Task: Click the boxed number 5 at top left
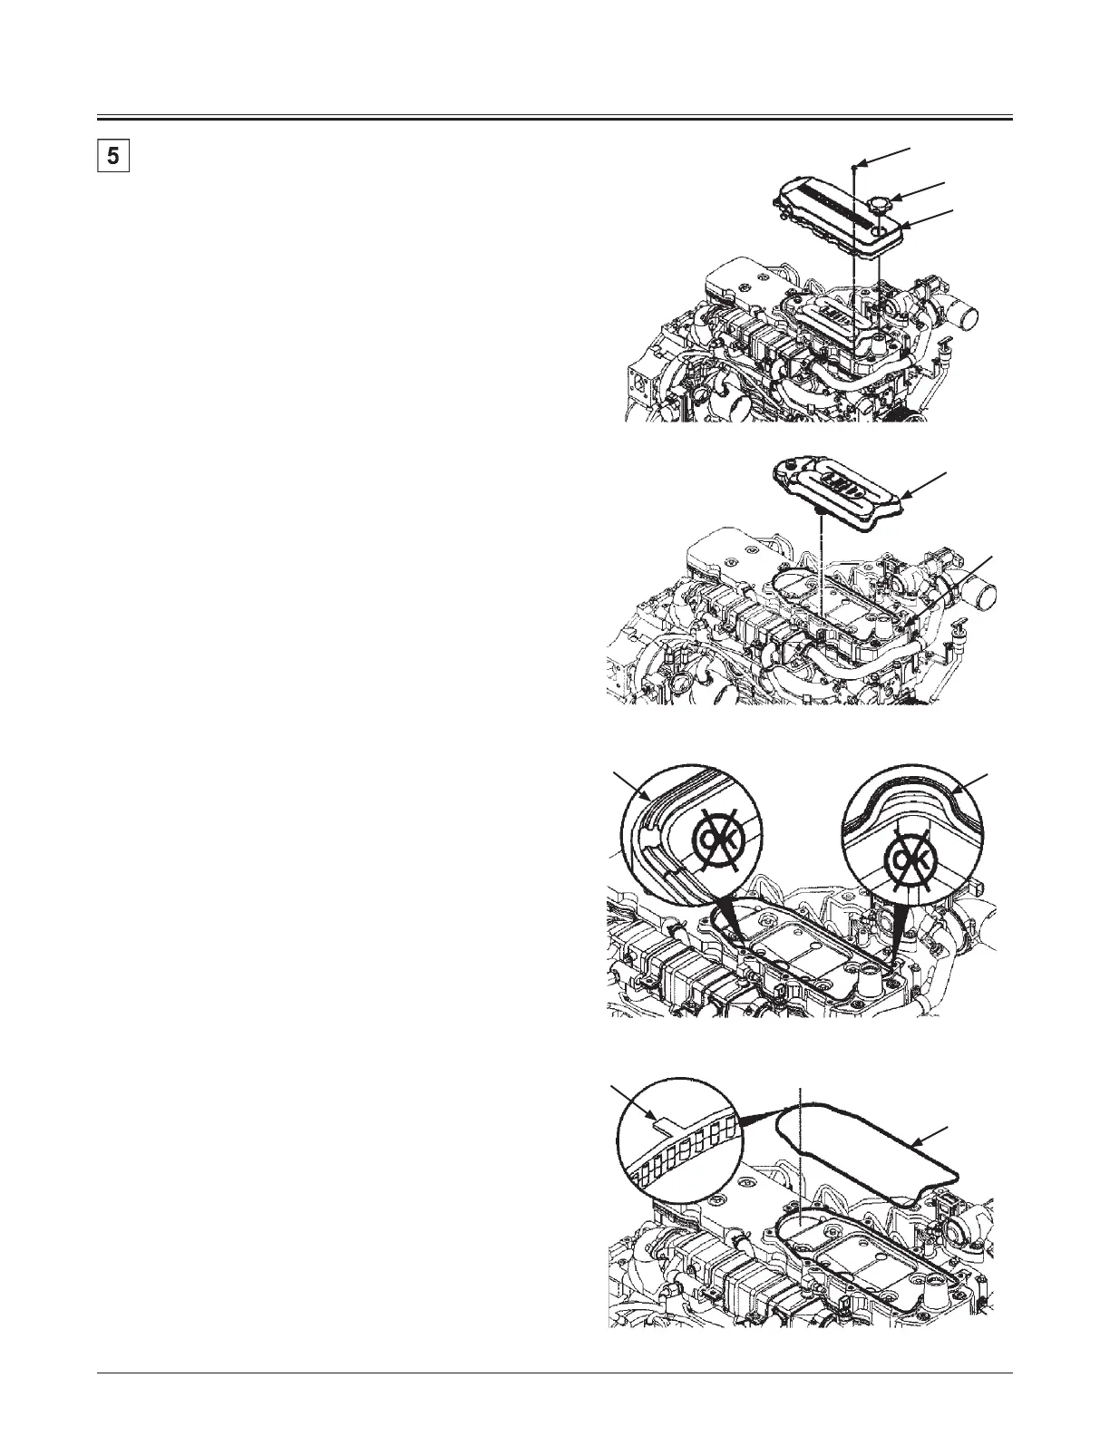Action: click(112, 155)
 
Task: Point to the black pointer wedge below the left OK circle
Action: click(731, 920)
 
